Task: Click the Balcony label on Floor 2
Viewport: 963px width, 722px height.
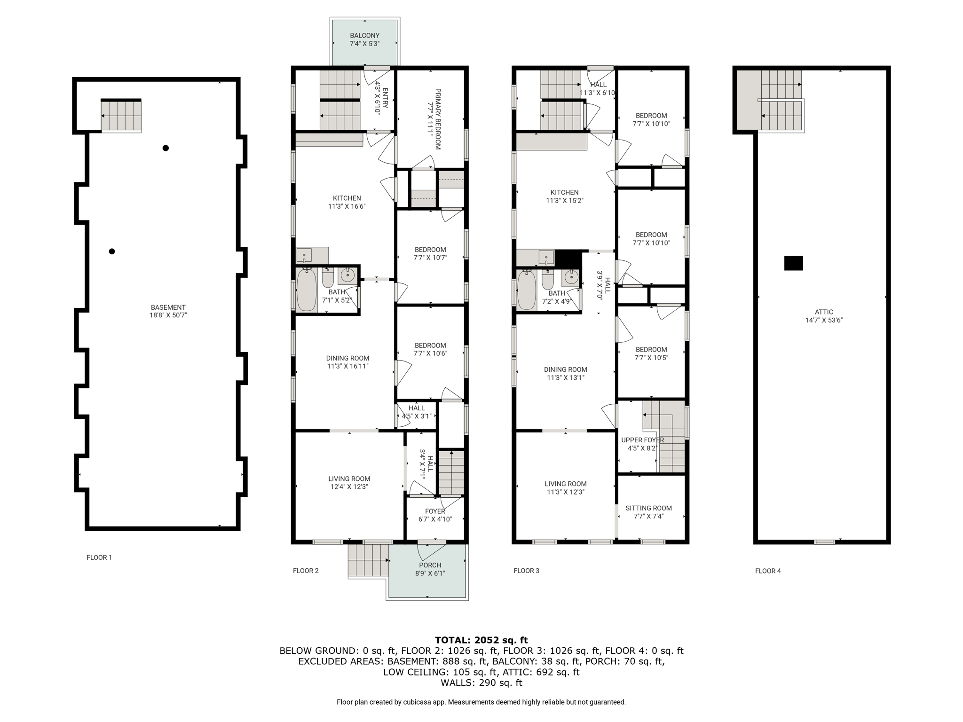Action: [364, 35]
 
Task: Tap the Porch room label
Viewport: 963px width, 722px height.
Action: [430, 565]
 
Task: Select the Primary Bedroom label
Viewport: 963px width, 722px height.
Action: [438, 119]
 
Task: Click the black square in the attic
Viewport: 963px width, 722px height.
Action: [793, 263]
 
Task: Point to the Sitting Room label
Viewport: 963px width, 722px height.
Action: [648, 508]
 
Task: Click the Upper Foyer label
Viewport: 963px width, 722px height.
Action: [642, 440]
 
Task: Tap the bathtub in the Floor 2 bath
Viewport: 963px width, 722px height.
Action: [307, 289]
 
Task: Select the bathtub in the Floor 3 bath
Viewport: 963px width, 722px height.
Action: [527, 290]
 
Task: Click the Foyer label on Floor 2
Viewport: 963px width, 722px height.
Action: [435, 511]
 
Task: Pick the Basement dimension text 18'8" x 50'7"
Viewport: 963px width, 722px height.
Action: [168, 315]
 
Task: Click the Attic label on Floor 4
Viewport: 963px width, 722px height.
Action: [824, 312]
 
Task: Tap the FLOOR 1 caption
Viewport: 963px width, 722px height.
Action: [99, 557]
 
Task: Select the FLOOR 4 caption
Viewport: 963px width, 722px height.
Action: [768, 571]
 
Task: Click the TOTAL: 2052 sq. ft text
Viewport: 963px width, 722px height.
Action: [481, 640]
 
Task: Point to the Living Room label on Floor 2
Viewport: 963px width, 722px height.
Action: [349, 479]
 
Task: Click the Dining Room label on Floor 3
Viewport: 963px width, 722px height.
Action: [565, 369]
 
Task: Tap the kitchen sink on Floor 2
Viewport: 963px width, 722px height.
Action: [304, 256]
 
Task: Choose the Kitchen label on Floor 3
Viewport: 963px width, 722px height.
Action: [564, 192]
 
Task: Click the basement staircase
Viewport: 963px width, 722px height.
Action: [121, 116]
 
